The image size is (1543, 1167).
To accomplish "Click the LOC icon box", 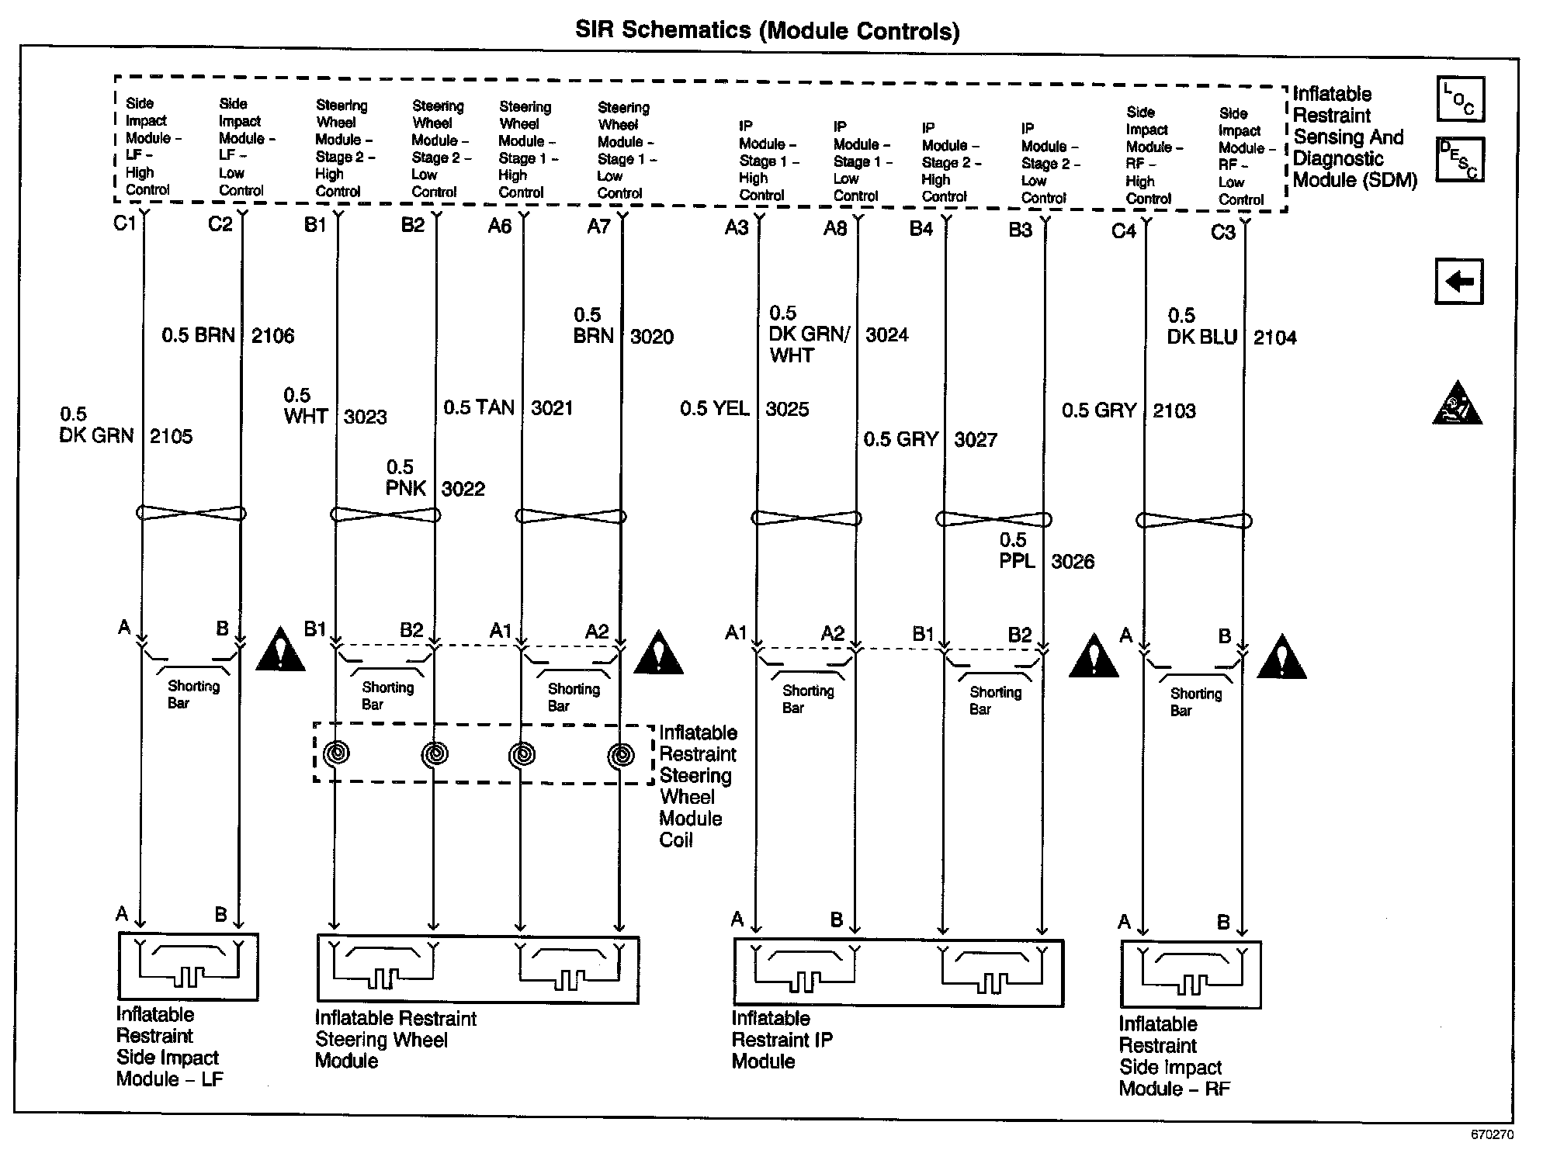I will pos(1460,99).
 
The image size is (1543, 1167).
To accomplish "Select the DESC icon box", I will pos(1459,159).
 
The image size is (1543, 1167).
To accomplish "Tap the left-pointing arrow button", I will pos(1458,281).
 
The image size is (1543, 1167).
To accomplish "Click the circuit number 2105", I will pos(171,436).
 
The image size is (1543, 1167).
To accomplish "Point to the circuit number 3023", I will pos(365,417).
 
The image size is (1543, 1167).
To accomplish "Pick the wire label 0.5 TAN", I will pos(478,407).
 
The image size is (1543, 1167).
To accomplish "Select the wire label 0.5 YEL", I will pos(714,408).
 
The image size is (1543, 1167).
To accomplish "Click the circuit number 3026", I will pos(1073,561).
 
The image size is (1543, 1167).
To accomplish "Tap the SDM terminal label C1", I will pos(124,223).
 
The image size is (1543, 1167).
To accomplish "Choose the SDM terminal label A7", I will pos(598,226).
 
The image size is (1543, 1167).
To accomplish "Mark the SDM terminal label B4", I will pos(921,228).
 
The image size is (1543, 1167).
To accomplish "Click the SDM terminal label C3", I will pos(1223,232).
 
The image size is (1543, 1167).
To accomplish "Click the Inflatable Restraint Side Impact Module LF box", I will pos(188,966).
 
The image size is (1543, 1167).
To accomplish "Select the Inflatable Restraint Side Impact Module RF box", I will pos(1191,975).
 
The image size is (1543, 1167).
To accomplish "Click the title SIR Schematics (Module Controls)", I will pos(767,30).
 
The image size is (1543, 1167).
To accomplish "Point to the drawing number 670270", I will pos(1492,1134).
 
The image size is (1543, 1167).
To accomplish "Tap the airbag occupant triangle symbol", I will pos(1457,403).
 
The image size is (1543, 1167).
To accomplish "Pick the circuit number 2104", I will pos(1274,338).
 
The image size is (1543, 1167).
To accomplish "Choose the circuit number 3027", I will pos(976,440).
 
